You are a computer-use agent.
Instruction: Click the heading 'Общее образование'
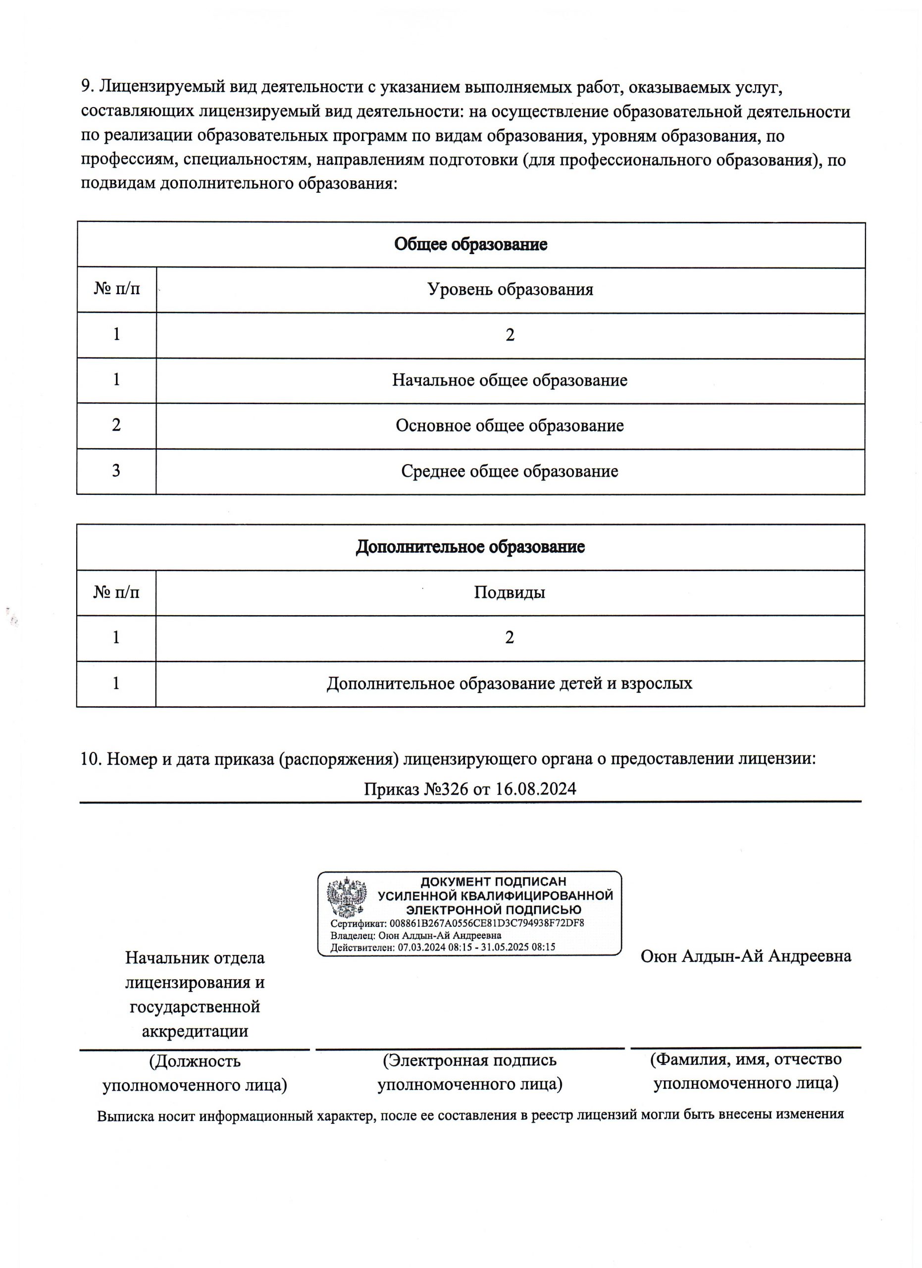click(470, 244)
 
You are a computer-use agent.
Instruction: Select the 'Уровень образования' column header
click(510, 290)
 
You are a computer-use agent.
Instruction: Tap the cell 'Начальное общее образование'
click(510, 380)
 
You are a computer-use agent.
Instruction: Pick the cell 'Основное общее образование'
click(510, 425)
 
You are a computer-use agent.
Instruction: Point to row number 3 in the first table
click(116, 471)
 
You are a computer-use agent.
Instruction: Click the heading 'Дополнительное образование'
click(470, 547)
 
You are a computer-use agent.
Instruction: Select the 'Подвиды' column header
click(510, 592)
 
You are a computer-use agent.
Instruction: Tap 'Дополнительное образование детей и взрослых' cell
click(510, 683)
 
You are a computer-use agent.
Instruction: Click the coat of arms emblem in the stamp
click(347, 898)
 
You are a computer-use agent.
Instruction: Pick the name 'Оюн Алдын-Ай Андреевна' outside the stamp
click(746, 956)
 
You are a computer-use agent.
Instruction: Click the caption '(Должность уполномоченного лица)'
click(195, 1073)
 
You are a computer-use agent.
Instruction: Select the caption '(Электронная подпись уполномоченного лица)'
click(470, 1072)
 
